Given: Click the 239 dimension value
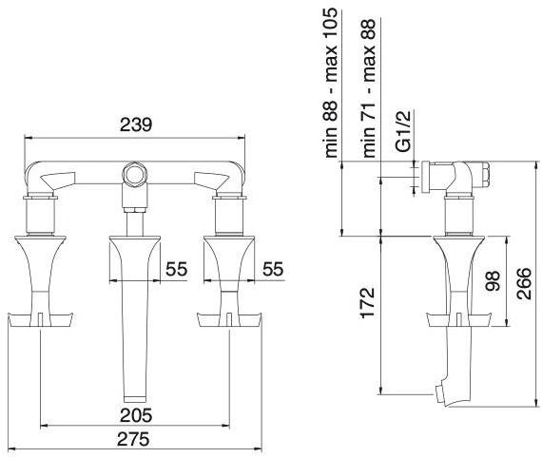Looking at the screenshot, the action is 135,125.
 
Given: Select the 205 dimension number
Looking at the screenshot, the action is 136,415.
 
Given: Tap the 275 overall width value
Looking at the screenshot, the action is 133,439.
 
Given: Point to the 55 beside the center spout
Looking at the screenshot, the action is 176,269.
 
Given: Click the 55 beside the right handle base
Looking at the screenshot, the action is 273,269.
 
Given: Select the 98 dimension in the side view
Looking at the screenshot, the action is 493,281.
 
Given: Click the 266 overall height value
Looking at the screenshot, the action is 523,283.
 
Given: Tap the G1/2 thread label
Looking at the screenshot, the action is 403,131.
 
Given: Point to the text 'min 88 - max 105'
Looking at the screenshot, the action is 330,83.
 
